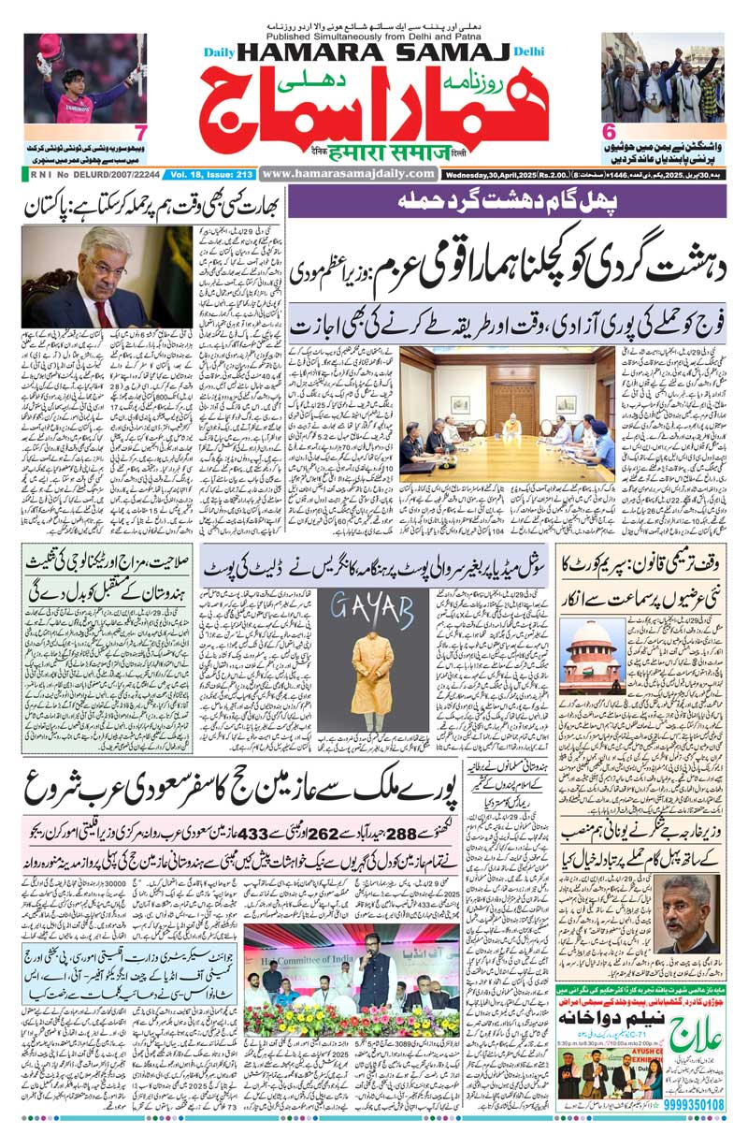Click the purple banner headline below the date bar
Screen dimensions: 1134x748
[x=505, y=200]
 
